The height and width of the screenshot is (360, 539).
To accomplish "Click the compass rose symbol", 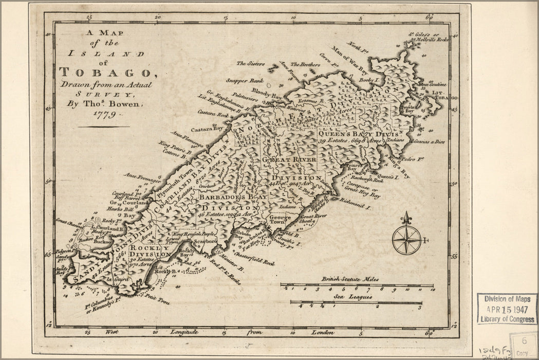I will click(x=406, y=239).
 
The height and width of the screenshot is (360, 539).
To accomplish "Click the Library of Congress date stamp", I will click(x=507, y=309).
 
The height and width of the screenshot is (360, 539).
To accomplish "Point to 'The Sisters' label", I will click(x=250, y=64).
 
